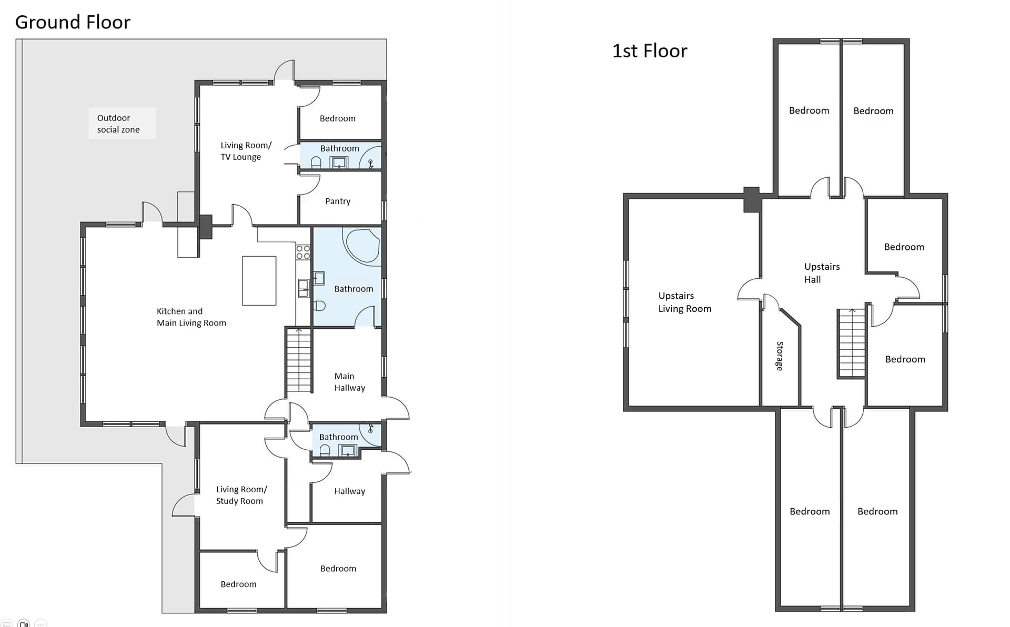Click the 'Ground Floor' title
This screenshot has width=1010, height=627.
(x=73, y=22)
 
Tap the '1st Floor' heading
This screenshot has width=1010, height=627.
(x=650, y=51)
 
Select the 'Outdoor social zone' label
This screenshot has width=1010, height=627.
(x=118, y=124)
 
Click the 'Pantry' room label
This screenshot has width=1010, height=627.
(x=338, y=201)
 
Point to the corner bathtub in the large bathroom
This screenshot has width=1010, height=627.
(x=362, y=245)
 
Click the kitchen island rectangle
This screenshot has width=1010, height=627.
(x=259, y=280)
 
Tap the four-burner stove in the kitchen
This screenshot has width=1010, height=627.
(x=303, y=252)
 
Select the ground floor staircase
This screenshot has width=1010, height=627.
(x=299, y=360)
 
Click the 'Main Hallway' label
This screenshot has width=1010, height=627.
(x=350, y=382)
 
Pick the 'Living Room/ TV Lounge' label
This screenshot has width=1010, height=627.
(x=246, y=151)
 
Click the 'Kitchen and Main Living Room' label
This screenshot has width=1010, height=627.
(x=191, y=317)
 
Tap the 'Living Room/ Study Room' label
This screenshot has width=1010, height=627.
(x=241, y=495)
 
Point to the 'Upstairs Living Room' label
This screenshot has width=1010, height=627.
(x=685, y=302)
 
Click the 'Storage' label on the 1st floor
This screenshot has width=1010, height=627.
(x=780, y=356)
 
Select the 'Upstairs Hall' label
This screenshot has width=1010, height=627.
(x=822, y=273)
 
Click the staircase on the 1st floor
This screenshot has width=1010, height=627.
(x=852, y=343)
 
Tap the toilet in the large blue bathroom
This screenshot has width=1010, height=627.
(x=319, y=305)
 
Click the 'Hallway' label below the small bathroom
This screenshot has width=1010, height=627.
(x=350, y=491)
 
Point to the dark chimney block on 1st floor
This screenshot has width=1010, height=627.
(x=751, y=199)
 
